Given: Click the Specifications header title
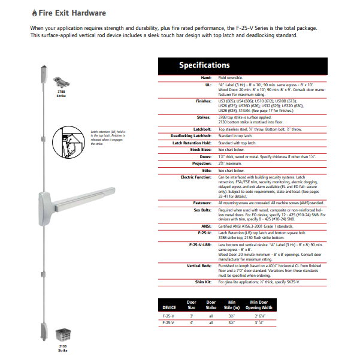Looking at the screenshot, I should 204,65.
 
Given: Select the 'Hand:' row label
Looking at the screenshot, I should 206,78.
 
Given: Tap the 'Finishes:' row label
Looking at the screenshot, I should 202,102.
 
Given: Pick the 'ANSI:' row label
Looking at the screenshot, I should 206,225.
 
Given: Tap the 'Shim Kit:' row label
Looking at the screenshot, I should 202,281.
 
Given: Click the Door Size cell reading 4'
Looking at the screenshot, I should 192,323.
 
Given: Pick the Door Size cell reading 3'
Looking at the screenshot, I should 192,315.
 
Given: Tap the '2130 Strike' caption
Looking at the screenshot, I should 62,349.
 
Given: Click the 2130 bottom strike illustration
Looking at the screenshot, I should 63,335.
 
